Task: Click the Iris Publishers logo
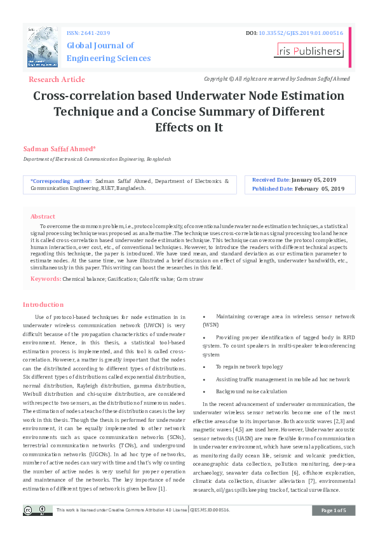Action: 309,51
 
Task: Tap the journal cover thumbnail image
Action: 43,47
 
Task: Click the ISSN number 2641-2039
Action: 97,32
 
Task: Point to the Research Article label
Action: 57,79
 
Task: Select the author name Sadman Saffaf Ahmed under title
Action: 59,148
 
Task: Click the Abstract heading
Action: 43,216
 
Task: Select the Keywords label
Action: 46,278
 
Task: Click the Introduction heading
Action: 43,304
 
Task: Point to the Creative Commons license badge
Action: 37,510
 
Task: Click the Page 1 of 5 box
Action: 334,510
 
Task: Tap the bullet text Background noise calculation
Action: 251,391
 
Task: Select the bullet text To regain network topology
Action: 248,367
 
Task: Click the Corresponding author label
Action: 61,180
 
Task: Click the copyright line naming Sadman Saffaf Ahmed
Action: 276,79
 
